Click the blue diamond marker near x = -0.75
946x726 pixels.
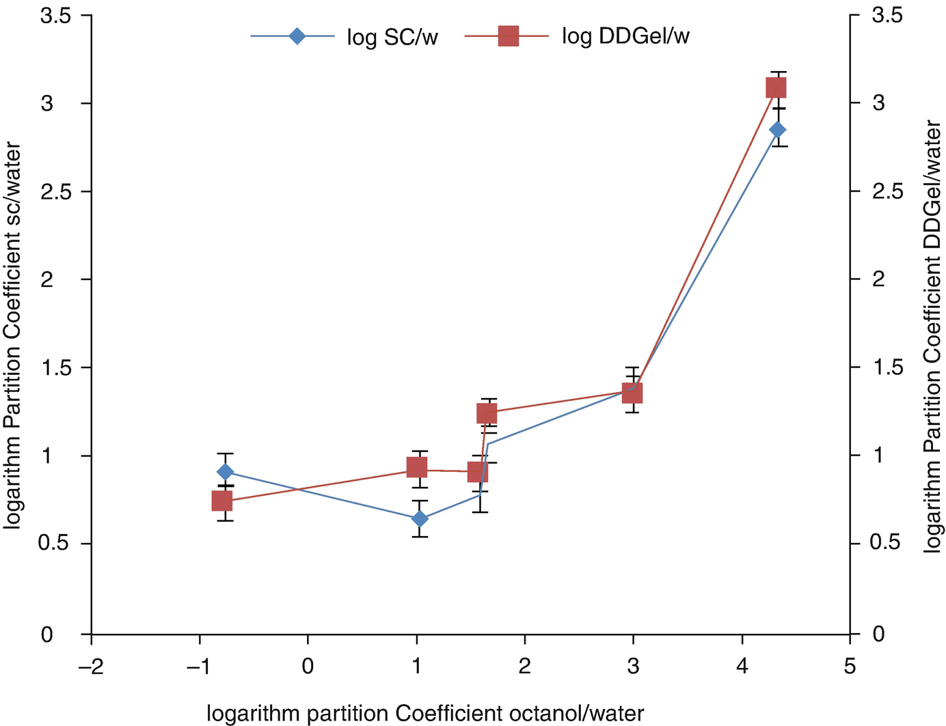coord(226,472)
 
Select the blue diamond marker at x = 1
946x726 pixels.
coord(420,519)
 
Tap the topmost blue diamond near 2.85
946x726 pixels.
coord(777,130)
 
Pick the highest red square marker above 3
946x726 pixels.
coord(776,88)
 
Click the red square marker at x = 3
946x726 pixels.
coord(632,393)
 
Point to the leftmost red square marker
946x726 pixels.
coord(222,501)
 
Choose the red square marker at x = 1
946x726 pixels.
coord(417,468)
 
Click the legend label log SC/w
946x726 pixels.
coord(392,37)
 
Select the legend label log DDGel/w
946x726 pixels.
coord(625,36)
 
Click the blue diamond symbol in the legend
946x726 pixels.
coord(296,36)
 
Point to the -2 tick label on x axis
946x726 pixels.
coord(90,666)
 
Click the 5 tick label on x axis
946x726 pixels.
coord(850,666)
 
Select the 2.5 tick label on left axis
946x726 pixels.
coord(56,191)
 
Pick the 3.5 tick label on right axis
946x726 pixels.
coord(887,15)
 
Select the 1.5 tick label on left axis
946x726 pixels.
coord(56,367)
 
